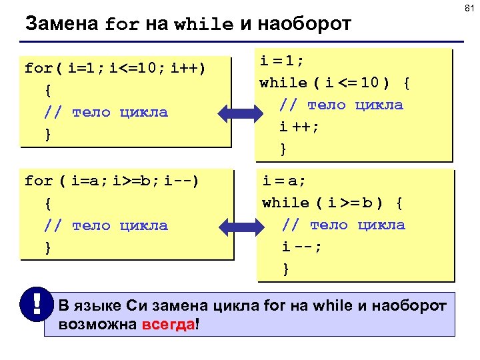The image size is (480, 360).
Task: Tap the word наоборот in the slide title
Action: tap(304, 25)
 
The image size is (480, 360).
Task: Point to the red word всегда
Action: tap(169, 324)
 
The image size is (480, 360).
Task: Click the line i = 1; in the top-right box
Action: tap(281, 61)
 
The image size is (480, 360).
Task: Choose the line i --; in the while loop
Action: tap(301, 247)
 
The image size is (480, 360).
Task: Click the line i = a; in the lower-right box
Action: tap(285, 180)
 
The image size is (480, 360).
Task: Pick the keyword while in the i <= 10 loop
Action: tap(283, 83)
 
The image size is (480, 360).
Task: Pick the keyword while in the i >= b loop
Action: tap(286, 203)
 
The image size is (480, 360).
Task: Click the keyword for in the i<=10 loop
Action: tap(39, 68)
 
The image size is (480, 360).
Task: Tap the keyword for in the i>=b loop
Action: tap(39, 181)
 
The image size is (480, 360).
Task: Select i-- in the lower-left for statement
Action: tap(179, 181)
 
